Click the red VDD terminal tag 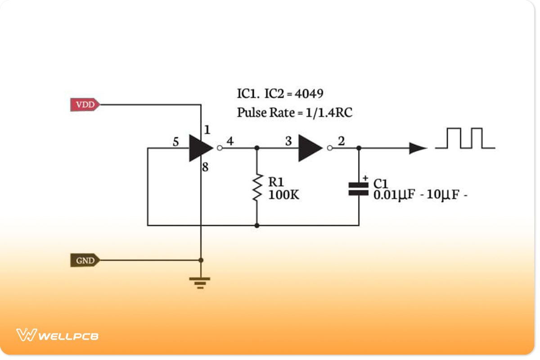point(85,105)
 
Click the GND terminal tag point(85,260)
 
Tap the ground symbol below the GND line point(200,283)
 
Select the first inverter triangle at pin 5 point(199,148)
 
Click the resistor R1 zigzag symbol point(257,188)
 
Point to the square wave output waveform point(465,138)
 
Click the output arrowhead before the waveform point(417,148)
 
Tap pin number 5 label point(176,142)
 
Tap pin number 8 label point(205,168)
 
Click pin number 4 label point(230,141)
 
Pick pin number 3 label point(288,141)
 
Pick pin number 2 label point(341,141)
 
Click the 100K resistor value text point(283,195)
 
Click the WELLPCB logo point(57,335)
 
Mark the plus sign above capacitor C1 point(365,178)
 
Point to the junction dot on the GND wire point(201,260)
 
